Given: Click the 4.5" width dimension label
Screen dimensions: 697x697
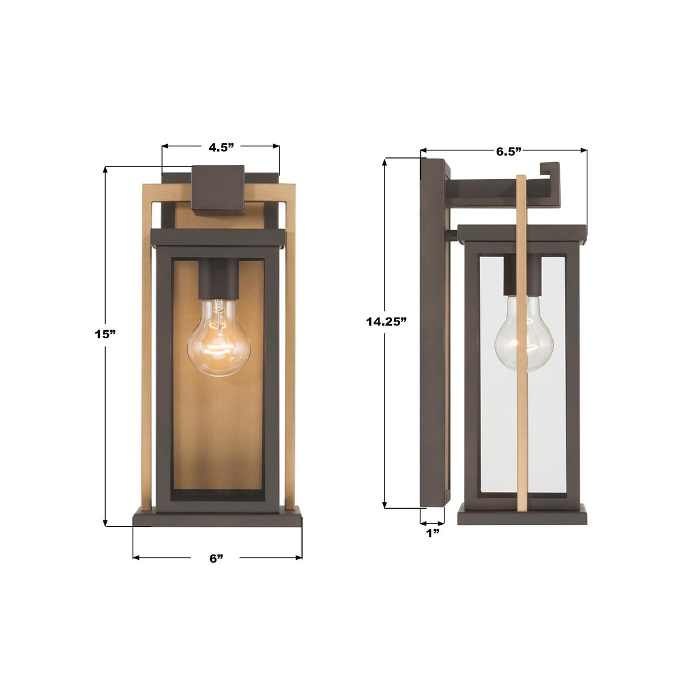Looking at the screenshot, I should point(221,147).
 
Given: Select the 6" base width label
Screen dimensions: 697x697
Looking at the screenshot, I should point(216,558).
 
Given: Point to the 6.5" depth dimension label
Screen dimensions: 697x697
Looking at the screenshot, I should point(508,152).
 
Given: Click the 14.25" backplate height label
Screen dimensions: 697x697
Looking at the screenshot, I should point(386,322).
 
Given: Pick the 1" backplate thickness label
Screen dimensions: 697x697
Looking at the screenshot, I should point(432,533).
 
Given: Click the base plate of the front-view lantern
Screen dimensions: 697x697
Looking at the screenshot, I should point(217,518).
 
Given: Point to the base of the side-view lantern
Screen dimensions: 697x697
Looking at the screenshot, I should point(522,514).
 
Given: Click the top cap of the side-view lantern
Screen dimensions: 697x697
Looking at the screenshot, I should point(522,232).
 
